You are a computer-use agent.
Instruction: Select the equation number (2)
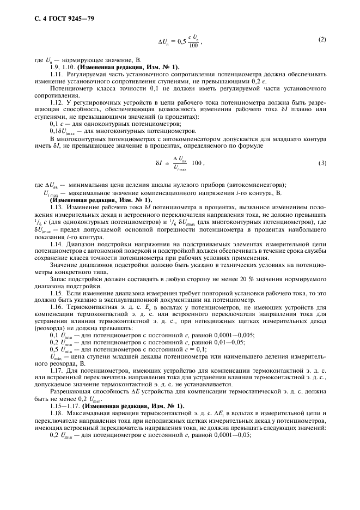tap(322, 40)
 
